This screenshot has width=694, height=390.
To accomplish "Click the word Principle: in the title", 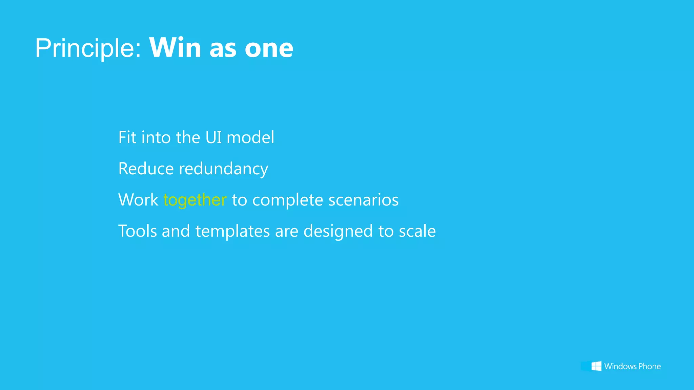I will pos(88,48).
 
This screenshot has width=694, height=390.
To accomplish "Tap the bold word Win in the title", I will pos(175,48).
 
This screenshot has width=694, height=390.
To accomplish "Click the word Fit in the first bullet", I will pos(127,137).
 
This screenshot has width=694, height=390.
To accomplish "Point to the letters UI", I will pos(213,137).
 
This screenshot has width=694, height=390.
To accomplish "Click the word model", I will pos(250,137).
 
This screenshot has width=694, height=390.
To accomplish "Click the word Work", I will pos(138,200).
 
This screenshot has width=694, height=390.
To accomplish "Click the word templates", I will pos(232,232).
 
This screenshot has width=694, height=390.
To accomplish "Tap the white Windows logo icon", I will pos(596,366).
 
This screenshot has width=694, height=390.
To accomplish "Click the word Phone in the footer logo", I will pos(649,366).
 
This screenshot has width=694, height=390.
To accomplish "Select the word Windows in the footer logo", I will pos(620,366).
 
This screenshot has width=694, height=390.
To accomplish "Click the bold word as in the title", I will pos(223,48).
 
